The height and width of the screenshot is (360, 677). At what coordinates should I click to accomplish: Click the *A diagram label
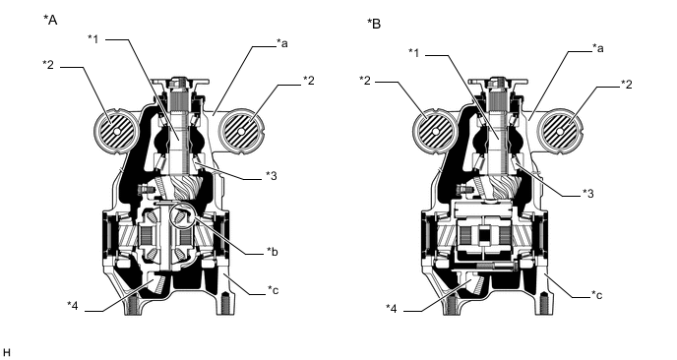(x=50, y=20)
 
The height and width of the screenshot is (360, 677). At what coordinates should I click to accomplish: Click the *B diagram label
(x=374, y=24)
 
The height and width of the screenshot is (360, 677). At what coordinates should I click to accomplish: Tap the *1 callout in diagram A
(x=92, y=38)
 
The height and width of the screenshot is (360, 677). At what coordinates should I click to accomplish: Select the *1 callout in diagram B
(x=413, y=53)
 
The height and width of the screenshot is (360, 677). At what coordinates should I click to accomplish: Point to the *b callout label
(x=272, y=251)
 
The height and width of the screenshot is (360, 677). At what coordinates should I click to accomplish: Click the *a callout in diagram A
(x=282, y=43)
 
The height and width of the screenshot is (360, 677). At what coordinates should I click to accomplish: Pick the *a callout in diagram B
(x=597, y=48)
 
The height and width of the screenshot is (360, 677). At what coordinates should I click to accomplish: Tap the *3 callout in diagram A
(x=272, y=176)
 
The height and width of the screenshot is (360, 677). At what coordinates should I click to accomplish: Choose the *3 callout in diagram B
(x=588, y=193)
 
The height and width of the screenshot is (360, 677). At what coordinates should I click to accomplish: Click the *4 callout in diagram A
(x=73, y=305)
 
